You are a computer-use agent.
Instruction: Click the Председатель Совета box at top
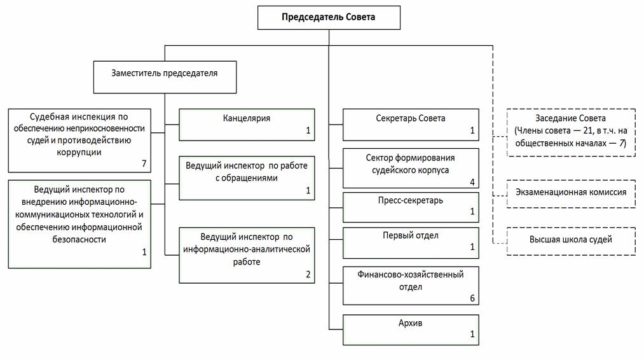tap(329, 17)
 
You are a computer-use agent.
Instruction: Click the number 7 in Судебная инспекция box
tap(144, 164)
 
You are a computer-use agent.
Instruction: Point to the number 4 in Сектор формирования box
tap(472, 182)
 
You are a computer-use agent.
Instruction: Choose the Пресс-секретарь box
tap(411, 206)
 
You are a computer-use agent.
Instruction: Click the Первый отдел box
tap(411, 242)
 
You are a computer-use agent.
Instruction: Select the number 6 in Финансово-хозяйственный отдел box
tap(472, 298)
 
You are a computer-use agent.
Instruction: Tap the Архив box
tap(411, 329)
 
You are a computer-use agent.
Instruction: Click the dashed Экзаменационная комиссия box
tap(570, 192)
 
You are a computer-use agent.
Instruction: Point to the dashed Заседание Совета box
tap(570, 132)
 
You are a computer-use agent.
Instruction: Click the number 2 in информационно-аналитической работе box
tap(308, 275)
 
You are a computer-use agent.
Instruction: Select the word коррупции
tap(79, 153)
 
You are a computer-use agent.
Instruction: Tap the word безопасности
tap(79, 239)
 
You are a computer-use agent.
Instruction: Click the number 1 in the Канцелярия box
tap(308, 131)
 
